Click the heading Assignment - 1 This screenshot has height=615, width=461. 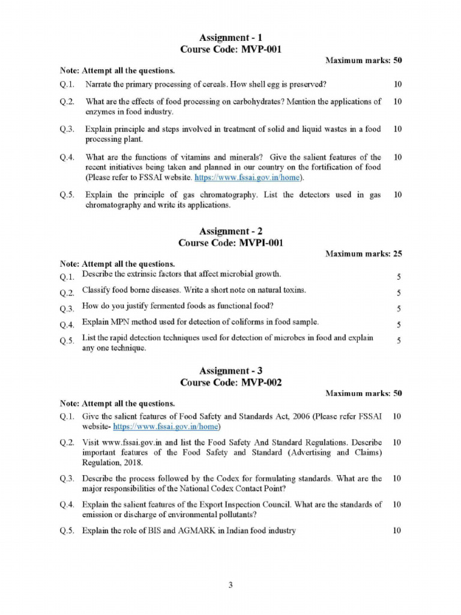(230, 38)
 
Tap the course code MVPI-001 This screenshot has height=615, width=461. (253, 243)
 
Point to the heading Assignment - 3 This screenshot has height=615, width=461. (230, 371)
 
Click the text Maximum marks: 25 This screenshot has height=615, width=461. (363, 254)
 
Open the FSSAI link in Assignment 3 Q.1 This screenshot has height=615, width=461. (165, 427)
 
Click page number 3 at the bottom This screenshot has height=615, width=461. (230, 585)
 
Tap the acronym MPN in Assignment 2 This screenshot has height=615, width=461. (119, 322)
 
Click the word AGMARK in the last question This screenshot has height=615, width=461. (192, 531)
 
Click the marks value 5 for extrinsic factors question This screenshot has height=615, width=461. (398, 277)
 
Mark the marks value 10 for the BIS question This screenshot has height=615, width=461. (397, 531)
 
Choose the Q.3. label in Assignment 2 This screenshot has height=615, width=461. (67, 309)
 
